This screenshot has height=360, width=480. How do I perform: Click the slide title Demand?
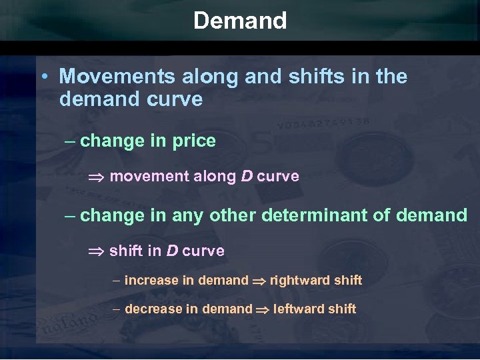[240, 21]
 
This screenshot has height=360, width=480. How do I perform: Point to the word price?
[193, 141]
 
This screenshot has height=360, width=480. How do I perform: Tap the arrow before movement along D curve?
[97, 177]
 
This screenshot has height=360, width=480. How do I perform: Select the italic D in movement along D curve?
[245, 177]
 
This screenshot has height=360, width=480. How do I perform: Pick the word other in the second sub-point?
[231, 215]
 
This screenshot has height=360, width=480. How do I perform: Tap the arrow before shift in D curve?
[97, 252]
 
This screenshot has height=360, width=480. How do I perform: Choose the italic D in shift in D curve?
[171, 251]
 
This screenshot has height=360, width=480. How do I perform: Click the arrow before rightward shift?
[259, 281]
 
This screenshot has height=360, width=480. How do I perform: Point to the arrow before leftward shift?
[263, 310]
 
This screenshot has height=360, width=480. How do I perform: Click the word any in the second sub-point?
[189, 215]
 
